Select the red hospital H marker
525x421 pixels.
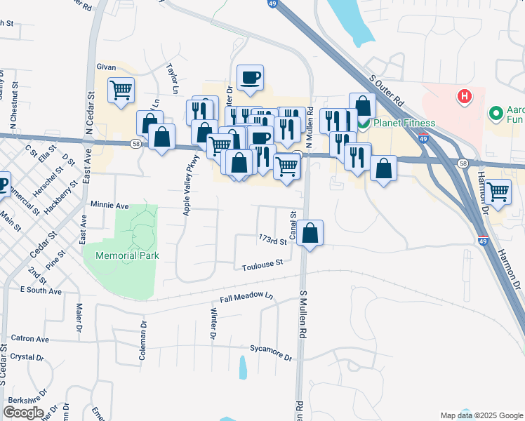pyautogui.click(x=463, y=96)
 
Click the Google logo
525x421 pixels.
pyautogui.click(x=23, y=413)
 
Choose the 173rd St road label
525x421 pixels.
pyautogui.click(x=273, y=241)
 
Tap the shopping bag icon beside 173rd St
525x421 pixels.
pyautogui.click(x=310, y=232)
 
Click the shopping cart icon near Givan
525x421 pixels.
pyautogui.click(x=121, y=91)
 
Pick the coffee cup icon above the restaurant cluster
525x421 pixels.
pyautogui.click(x=250, y=77)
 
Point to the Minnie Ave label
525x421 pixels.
pyautogui.click(x=109, y=206)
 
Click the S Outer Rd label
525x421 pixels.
pyautogui.click(x=387, y=89)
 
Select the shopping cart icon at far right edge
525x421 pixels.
pyautogui.click(x=498, y=191)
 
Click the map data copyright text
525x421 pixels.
pyautogui.click(x=481, y=415)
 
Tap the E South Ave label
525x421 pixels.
pyautogui.click(x=41, y=290)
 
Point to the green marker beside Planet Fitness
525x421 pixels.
pyautogui.click(x=364, y=123)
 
